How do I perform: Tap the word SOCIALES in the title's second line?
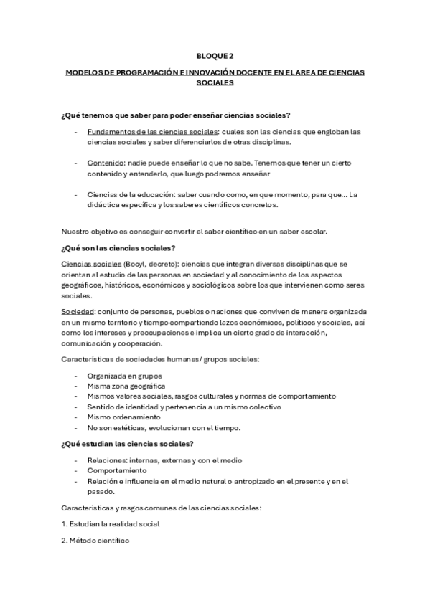click(x=215, y=83)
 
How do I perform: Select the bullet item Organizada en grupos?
click(x=124, y=376)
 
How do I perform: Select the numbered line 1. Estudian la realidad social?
click(x=111, y=523)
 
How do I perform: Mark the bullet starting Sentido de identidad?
click(x=164, y=407)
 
